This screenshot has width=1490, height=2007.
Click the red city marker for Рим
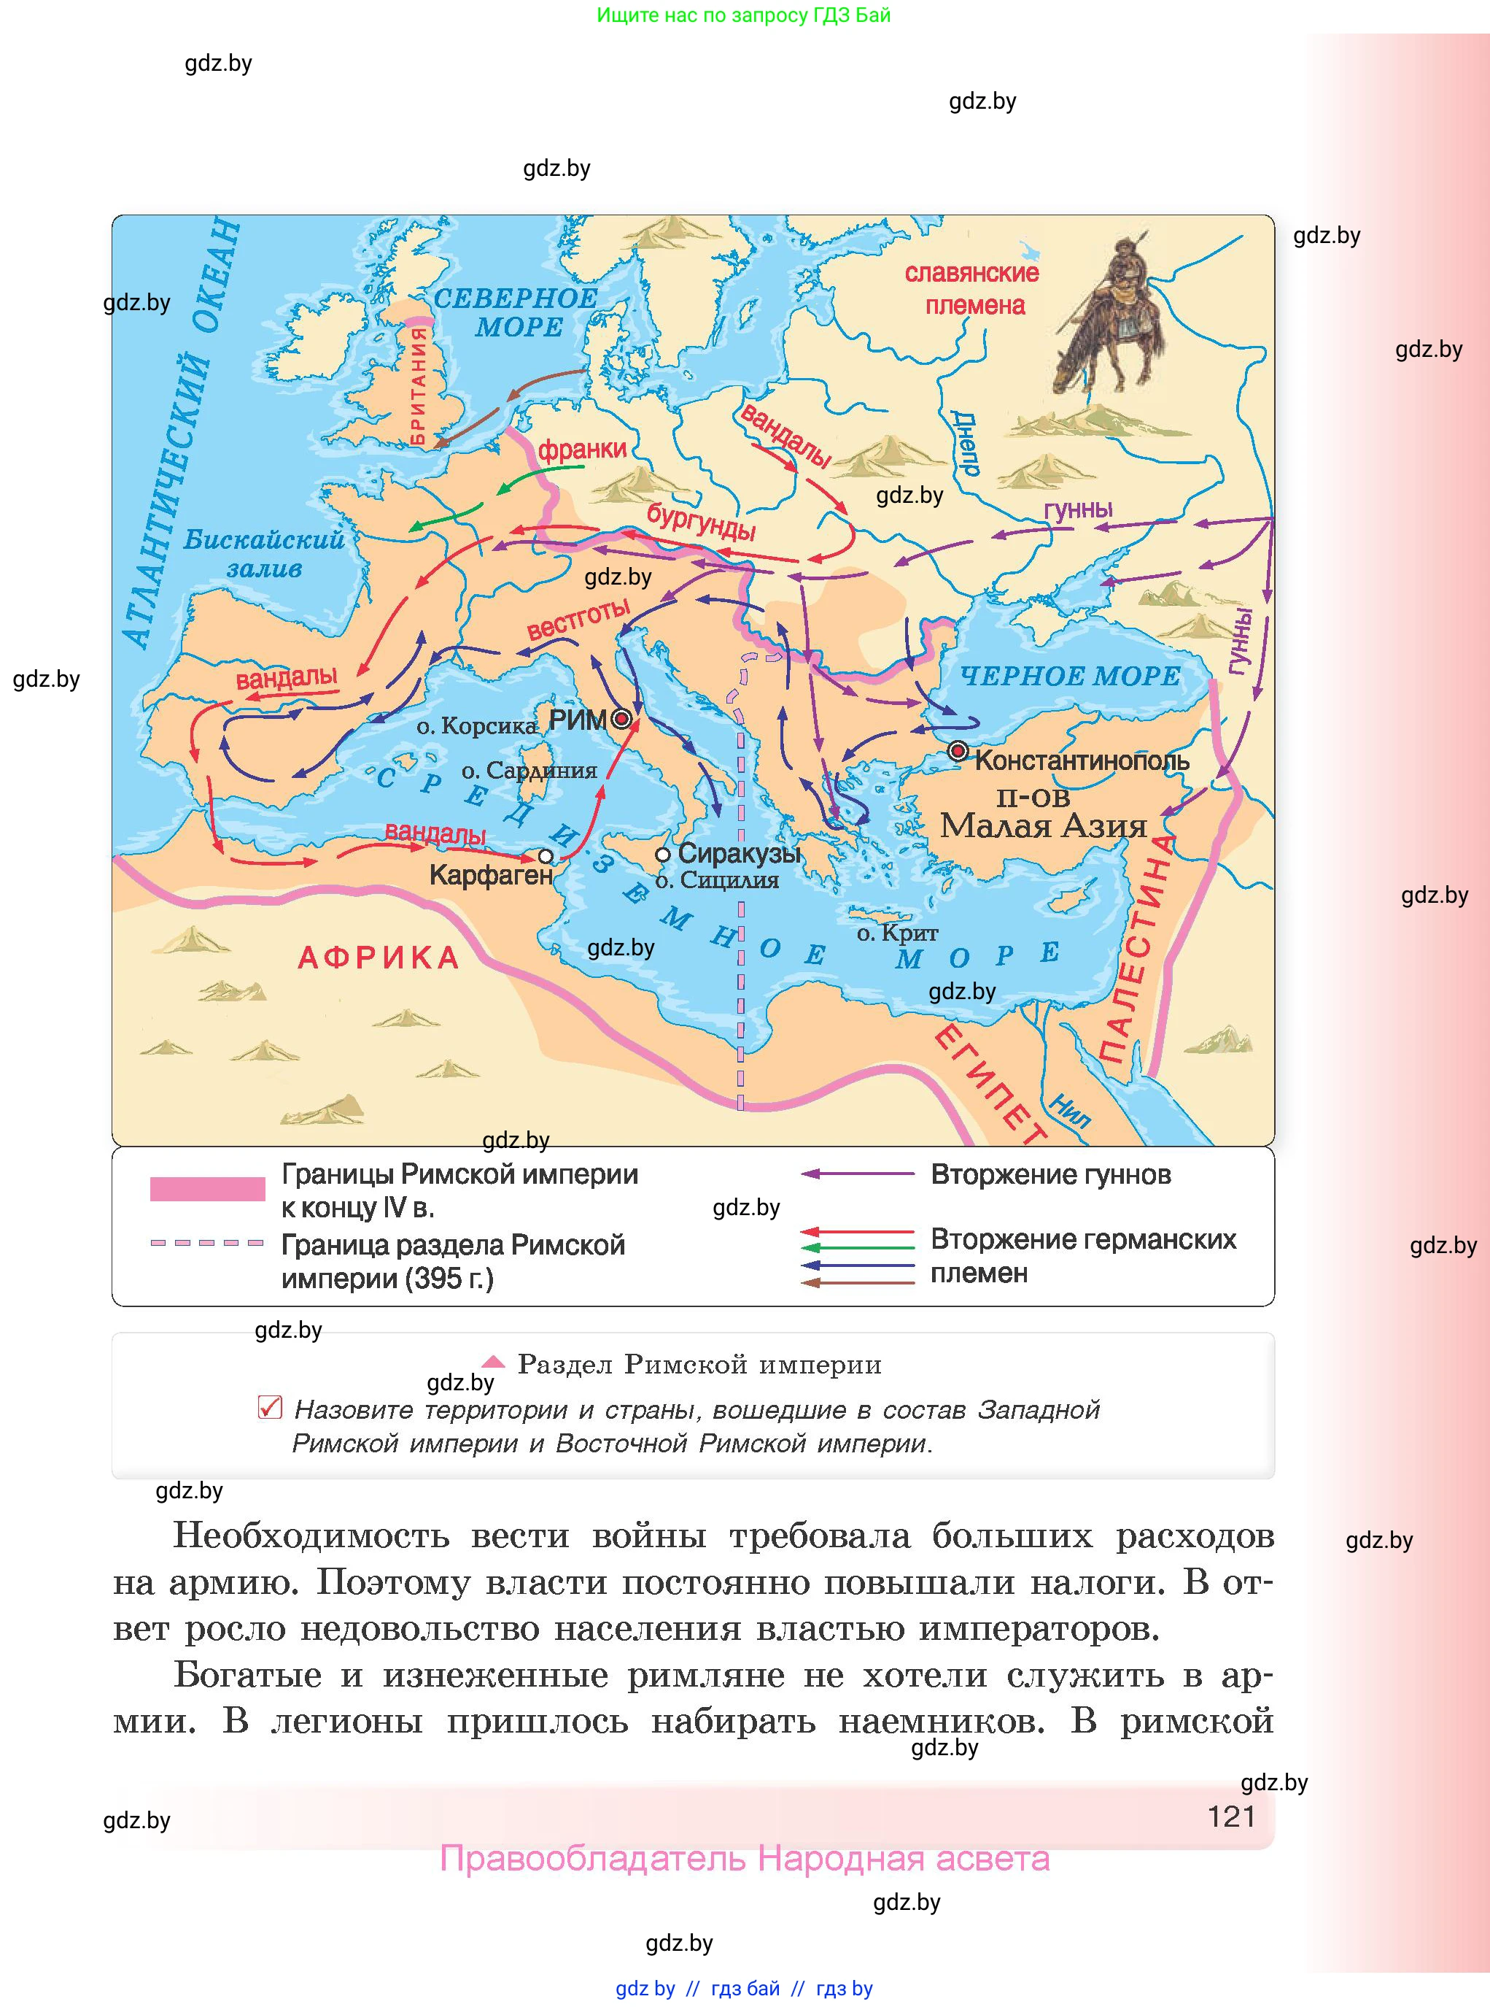pos(621,719)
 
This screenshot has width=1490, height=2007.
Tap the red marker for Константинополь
pos(958,751)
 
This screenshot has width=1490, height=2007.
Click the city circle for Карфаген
pos(546,855)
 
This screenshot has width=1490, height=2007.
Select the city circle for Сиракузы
pos(663,854)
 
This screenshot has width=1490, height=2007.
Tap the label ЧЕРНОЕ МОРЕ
pos(1070,676)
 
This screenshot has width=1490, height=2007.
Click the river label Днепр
pos(965,443)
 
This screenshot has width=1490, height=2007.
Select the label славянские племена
pos(972,289)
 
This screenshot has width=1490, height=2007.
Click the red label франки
pos(582,450)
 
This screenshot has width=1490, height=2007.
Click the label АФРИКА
pos(379,958)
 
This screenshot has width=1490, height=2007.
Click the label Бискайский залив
pos(264,553)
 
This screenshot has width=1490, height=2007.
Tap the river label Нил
pos(1070,1110)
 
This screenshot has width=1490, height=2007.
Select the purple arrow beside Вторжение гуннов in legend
pos(857,1174)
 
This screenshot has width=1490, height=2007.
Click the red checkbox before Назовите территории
pos(270,1407)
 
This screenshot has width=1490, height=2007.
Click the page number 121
pos(1231,1816)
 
